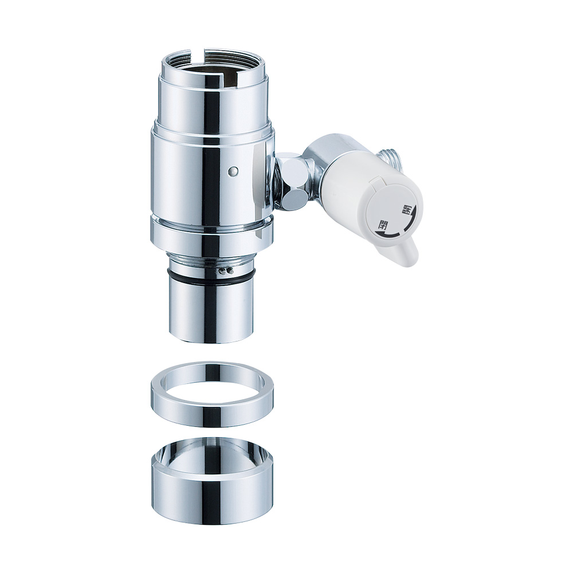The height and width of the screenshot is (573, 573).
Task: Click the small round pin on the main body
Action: [233, 170]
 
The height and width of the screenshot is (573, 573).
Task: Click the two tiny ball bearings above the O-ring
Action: [225, 270]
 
